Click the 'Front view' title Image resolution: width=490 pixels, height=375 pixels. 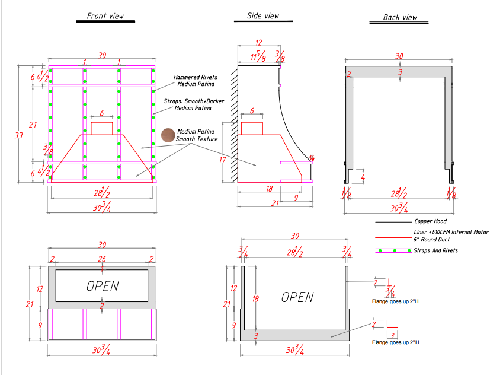105,16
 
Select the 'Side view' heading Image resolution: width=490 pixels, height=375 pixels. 263,16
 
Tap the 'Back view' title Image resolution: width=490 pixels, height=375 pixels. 400,17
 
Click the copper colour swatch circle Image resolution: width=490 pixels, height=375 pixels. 168,135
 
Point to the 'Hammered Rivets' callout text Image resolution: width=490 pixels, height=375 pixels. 195,77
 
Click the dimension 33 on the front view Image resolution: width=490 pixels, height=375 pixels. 18,135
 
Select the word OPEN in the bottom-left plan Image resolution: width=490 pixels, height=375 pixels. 103,285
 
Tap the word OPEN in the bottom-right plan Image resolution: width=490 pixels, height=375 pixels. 297,297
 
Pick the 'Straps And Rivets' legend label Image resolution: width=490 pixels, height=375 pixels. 436,250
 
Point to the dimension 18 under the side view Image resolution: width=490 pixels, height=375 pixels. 270,188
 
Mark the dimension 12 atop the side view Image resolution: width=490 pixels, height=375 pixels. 258,43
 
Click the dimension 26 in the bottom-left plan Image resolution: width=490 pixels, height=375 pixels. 103,259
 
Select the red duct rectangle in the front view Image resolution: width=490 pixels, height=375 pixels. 102,128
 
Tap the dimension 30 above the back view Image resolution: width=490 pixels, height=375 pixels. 399,56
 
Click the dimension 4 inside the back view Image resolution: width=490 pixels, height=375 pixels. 363,177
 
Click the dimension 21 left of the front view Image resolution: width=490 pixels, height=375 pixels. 33,125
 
